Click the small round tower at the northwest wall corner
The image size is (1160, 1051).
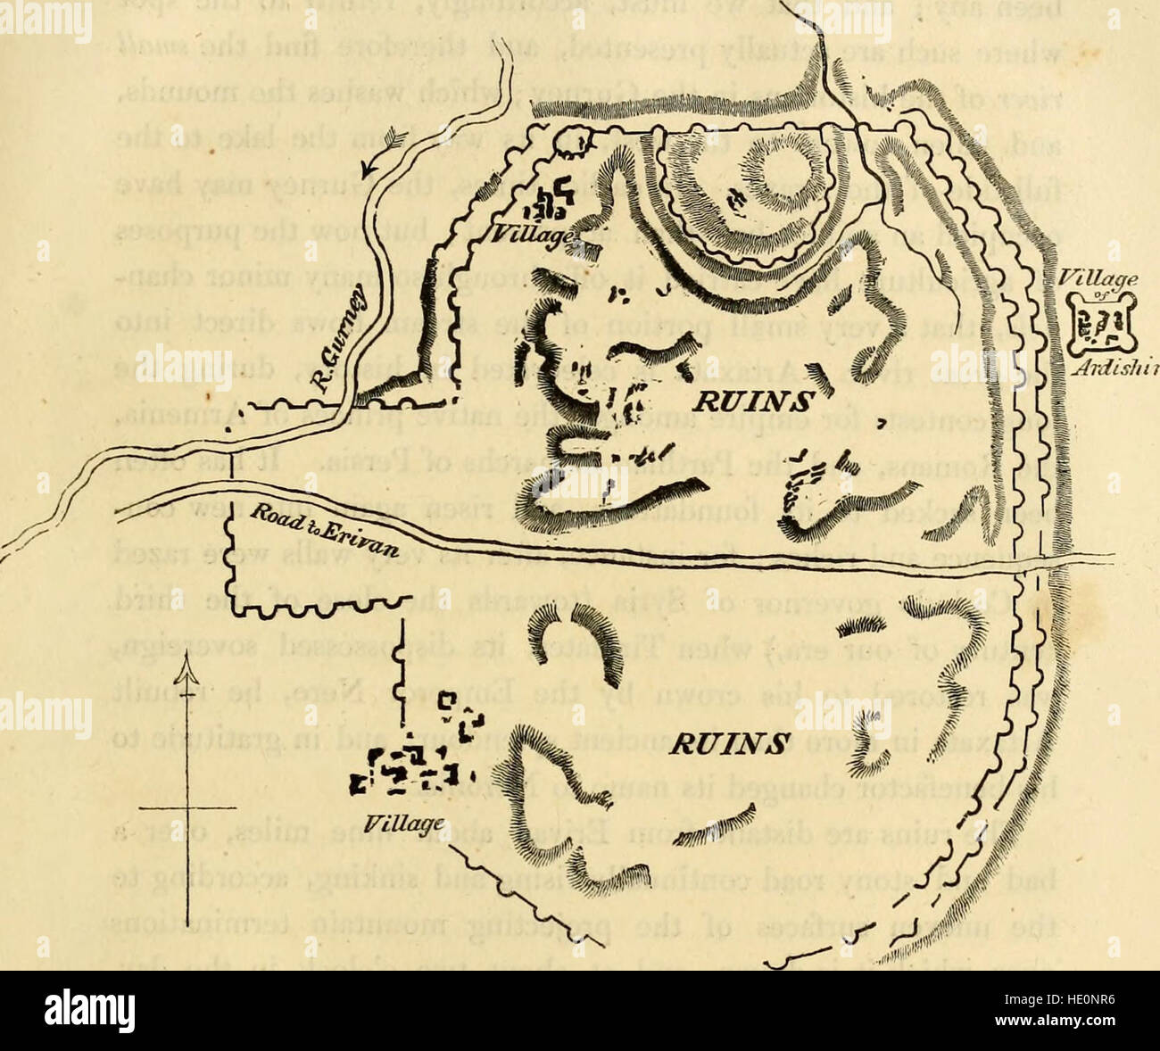coord(580,138)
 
